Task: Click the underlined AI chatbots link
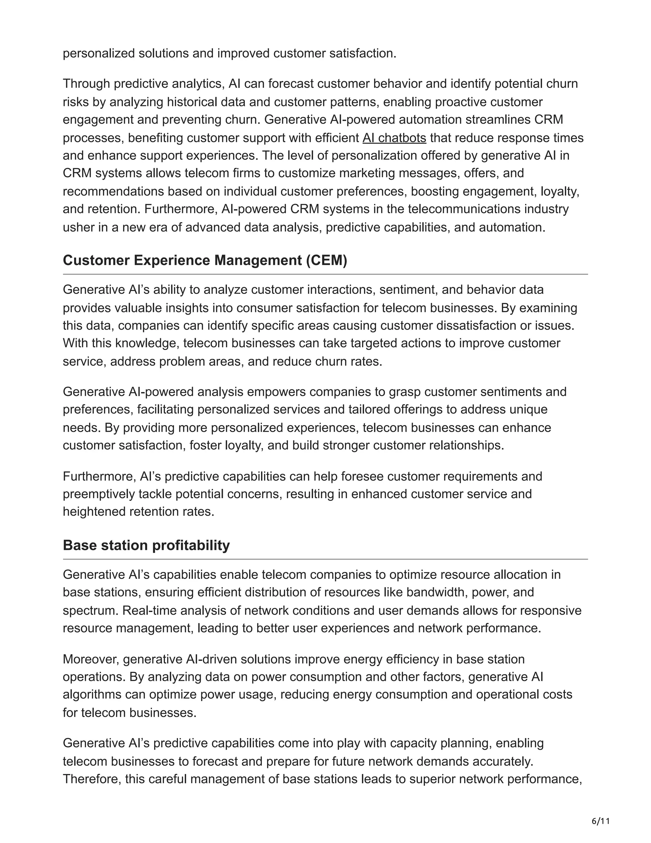(394, 138)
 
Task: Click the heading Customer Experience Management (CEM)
(205, 261)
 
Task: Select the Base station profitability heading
(146, 545)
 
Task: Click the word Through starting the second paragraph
(86, 84)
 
